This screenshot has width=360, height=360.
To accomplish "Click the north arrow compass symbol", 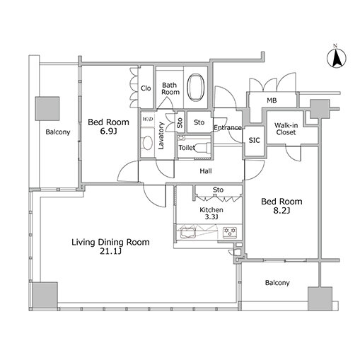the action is (337, 58).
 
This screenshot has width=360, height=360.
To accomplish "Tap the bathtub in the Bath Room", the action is (195, 88).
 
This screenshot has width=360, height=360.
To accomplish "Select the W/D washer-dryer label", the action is (148, 119).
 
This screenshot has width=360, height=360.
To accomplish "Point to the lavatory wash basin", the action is (148, 143).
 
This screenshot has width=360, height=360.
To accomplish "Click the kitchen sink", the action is (187, 233).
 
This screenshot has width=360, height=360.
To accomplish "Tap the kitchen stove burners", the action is (230, 231).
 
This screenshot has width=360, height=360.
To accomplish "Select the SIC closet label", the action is (254, 141).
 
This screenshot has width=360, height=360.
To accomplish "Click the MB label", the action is (272, 100).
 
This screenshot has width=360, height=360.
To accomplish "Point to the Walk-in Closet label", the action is (286, 129).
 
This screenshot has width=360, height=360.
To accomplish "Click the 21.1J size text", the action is (110, 252).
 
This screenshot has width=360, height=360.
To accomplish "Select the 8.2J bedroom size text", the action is (281, 211).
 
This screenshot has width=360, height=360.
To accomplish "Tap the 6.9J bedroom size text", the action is (108, 131).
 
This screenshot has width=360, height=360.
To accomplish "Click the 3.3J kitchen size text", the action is (211, 217).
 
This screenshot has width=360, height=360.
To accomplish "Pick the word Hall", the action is (206, 171).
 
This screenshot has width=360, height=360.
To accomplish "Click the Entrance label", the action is (228, 128).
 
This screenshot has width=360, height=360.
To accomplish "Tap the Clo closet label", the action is (146, 88).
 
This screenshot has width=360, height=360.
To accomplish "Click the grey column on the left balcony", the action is (47, 108).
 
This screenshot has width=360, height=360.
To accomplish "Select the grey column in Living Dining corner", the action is (45, 294).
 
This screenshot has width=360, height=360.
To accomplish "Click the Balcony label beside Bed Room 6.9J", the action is (58, 132).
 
